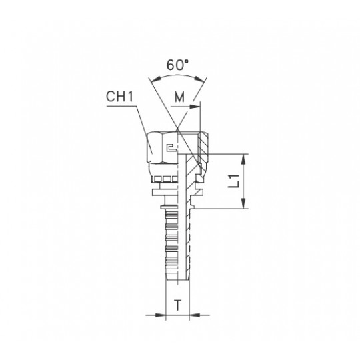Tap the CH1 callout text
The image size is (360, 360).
(x=119, y=97)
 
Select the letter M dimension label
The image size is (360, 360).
(x=179, y=97)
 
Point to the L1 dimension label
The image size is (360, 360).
(x=234, y=181)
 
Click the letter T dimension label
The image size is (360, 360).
(x=177, y=305)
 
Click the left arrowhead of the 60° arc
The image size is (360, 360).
(x=157, y=80)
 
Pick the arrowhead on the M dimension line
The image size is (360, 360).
(x=195, y=107)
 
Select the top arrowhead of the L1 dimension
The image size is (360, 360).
(x=243, y=159)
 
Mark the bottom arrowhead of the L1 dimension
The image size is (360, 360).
(x=243, y=203)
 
